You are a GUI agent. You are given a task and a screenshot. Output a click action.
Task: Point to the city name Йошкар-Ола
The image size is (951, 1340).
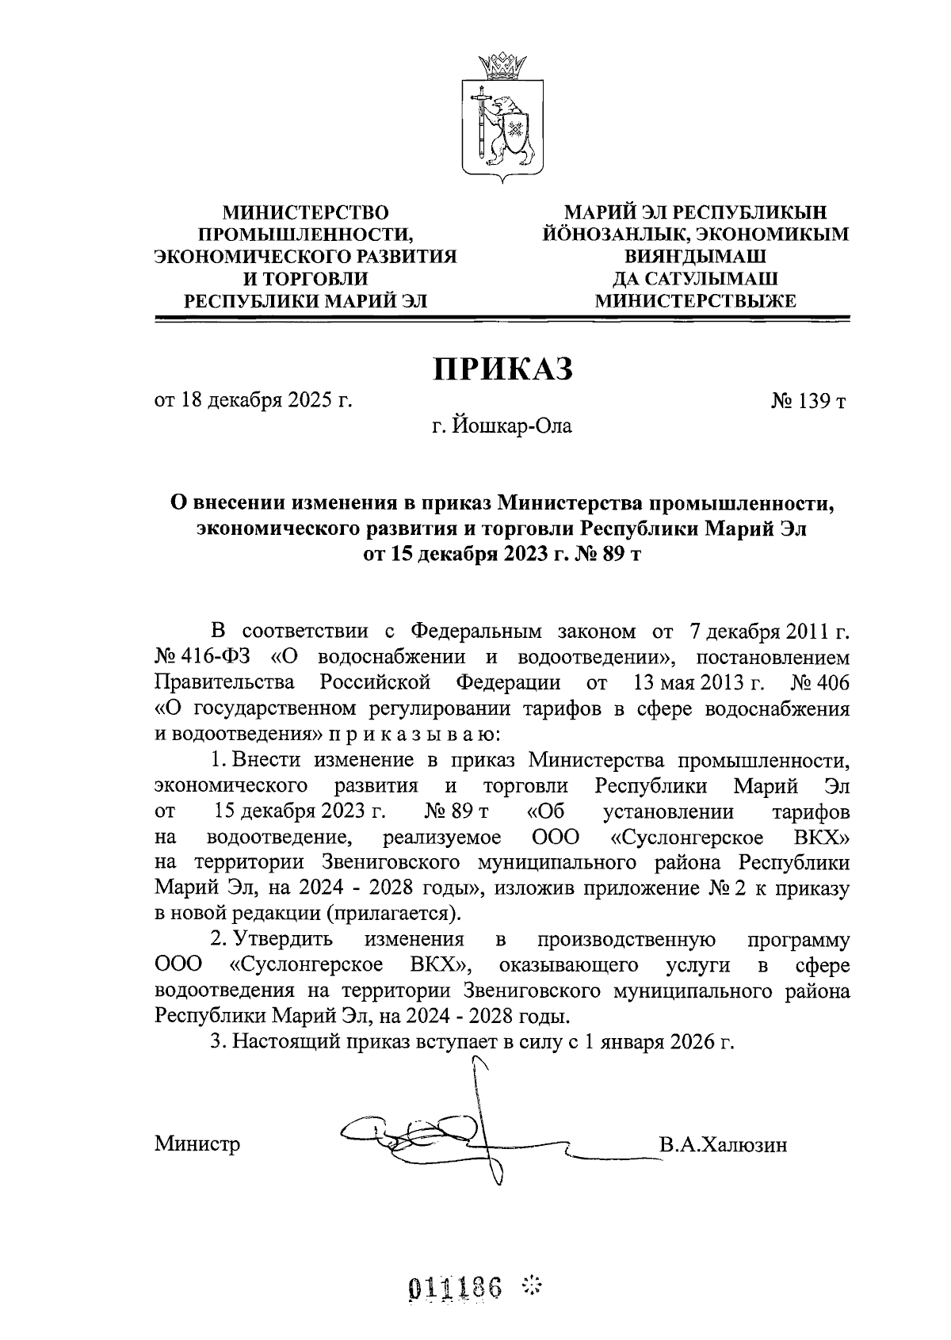point(512,427)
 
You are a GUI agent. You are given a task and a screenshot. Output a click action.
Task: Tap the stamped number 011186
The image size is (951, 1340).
point(456,1288)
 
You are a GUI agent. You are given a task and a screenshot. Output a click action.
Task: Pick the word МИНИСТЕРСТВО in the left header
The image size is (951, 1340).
point(306,212)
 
